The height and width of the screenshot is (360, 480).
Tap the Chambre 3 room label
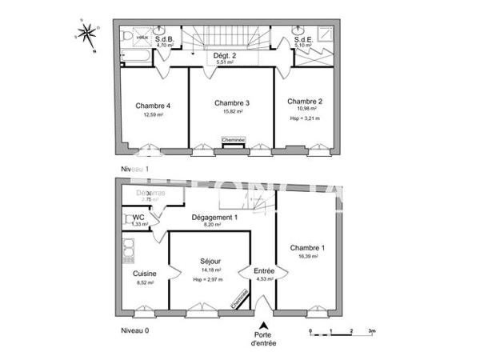point(231,102)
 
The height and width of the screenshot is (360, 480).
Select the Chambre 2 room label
point(305,101)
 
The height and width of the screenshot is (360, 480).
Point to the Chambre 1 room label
point(308,247)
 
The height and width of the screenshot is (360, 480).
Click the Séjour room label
point(210,261)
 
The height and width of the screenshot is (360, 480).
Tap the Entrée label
point(264,270)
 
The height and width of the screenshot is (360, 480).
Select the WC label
point(138,218)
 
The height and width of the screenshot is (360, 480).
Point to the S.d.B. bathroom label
point(166,38)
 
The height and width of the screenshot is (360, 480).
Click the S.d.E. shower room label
point(303,38)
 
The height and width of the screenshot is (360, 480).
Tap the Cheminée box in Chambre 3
point(234,140)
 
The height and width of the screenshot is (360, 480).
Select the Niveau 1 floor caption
point(134,169)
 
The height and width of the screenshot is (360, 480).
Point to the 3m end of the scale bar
point(372,330)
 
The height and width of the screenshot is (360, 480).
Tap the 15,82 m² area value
point(231,112)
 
